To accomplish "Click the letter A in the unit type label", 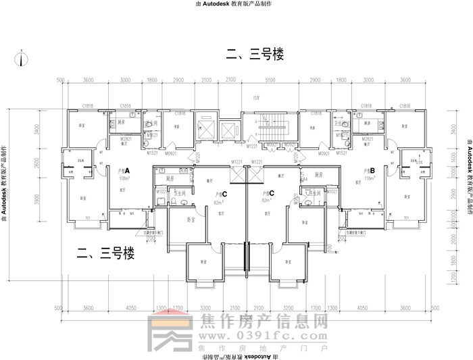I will pyautogui.click(x=126, y=171).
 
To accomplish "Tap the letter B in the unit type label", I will pyautogui.click(x=372, y=171).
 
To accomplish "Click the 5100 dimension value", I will pyautogui.click(x=270, y=80).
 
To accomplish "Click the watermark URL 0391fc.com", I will pyautogui.click(x=267, y=336).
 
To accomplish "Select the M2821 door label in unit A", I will pyautogui.click(x=124, y=138).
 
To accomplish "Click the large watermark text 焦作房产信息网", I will pyautogui.click(x=265, y=322).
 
